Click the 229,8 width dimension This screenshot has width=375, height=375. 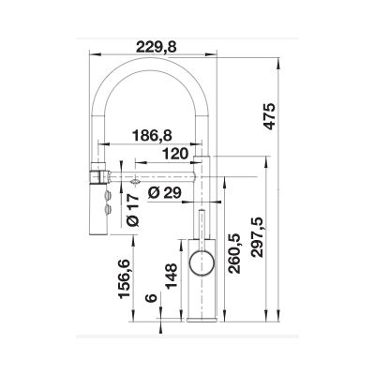[x=157, y=47]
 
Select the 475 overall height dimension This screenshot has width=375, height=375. [x=269, y=115]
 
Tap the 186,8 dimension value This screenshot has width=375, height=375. [x=152, y=136]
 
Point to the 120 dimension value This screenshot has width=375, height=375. [x=175, y=154]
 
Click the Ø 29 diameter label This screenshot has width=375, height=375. [x=165, y=193]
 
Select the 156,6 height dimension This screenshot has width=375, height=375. [x=124, y=279]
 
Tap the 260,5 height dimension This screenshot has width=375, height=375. [x=234, y=253]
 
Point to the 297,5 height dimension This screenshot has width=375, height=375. [x=258, y=237]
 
